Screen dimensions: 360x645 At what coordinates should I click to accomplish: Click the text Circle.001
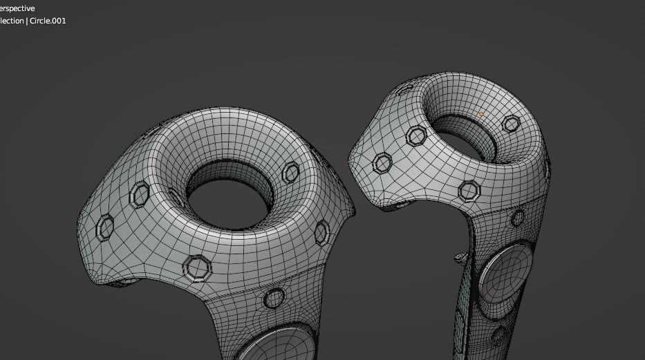pos(48,21)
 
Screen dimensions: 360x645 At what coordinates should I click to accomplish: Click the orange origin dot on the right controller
pos(481,114)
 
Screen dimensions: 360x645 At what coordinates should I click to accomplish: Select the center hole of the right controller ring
pos(471,144)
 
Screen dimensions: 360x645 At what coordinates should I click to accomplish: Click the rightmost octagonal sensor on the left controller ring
pos(322,232)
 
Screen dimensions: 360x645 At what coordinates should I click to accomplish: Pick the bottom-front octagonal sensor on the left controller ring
pos(197,267)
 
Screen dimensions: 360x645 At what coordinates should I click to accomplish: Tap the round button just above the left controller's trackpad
pos(274,298)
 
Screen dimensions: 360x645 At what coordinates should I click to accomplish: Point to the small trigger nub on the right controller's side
pos(461,258)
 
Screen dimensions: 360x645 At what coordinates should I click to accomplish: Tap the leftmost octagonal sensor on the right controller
pos(382,164)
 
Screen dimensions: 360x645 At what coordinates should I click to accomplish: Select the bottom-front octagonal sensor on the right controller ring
pos(469,190)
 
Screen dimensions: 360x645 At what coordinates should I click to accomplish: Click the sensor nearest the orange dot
pos(511,124)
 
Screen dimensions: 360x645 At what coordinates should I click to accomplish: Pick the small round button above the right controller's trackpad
pos(518,218)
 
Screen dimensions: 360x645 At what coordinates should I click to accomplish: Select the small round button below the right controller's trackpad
pos(498,336)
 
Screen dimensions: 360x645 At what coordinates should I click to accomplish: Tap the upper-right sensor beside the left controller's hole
pos(291,171)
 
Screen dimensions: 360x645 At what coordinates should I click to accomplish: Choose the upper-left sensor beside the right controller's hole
pos(416,135)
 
